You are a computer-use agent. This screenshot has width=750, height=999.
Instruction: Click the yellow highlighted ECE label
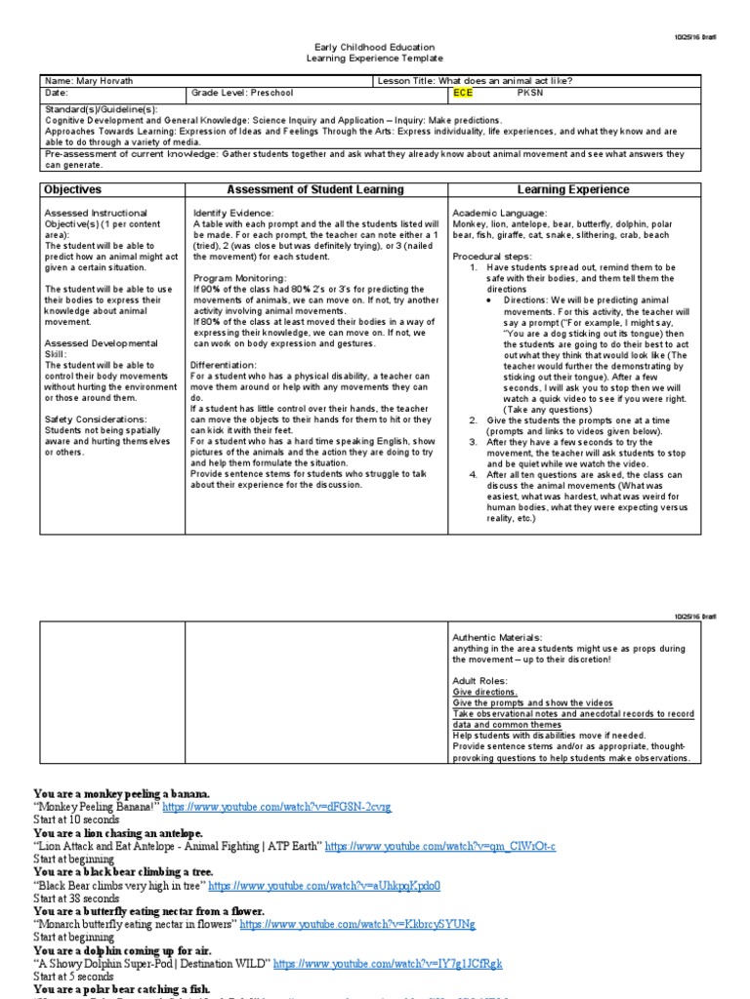coord(463,94)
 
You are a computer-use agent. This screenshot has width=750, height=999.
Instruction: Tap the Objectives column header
coord(73,189)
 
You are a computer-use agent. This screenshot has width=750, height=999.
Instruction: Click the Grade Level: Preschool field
coord(242,94)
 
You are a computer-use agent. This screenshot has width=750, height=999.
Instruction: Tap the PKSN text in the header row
coord(528,94)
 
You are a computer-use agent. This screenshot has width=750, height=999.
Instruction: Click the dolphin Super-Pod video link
coord(388,963)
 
